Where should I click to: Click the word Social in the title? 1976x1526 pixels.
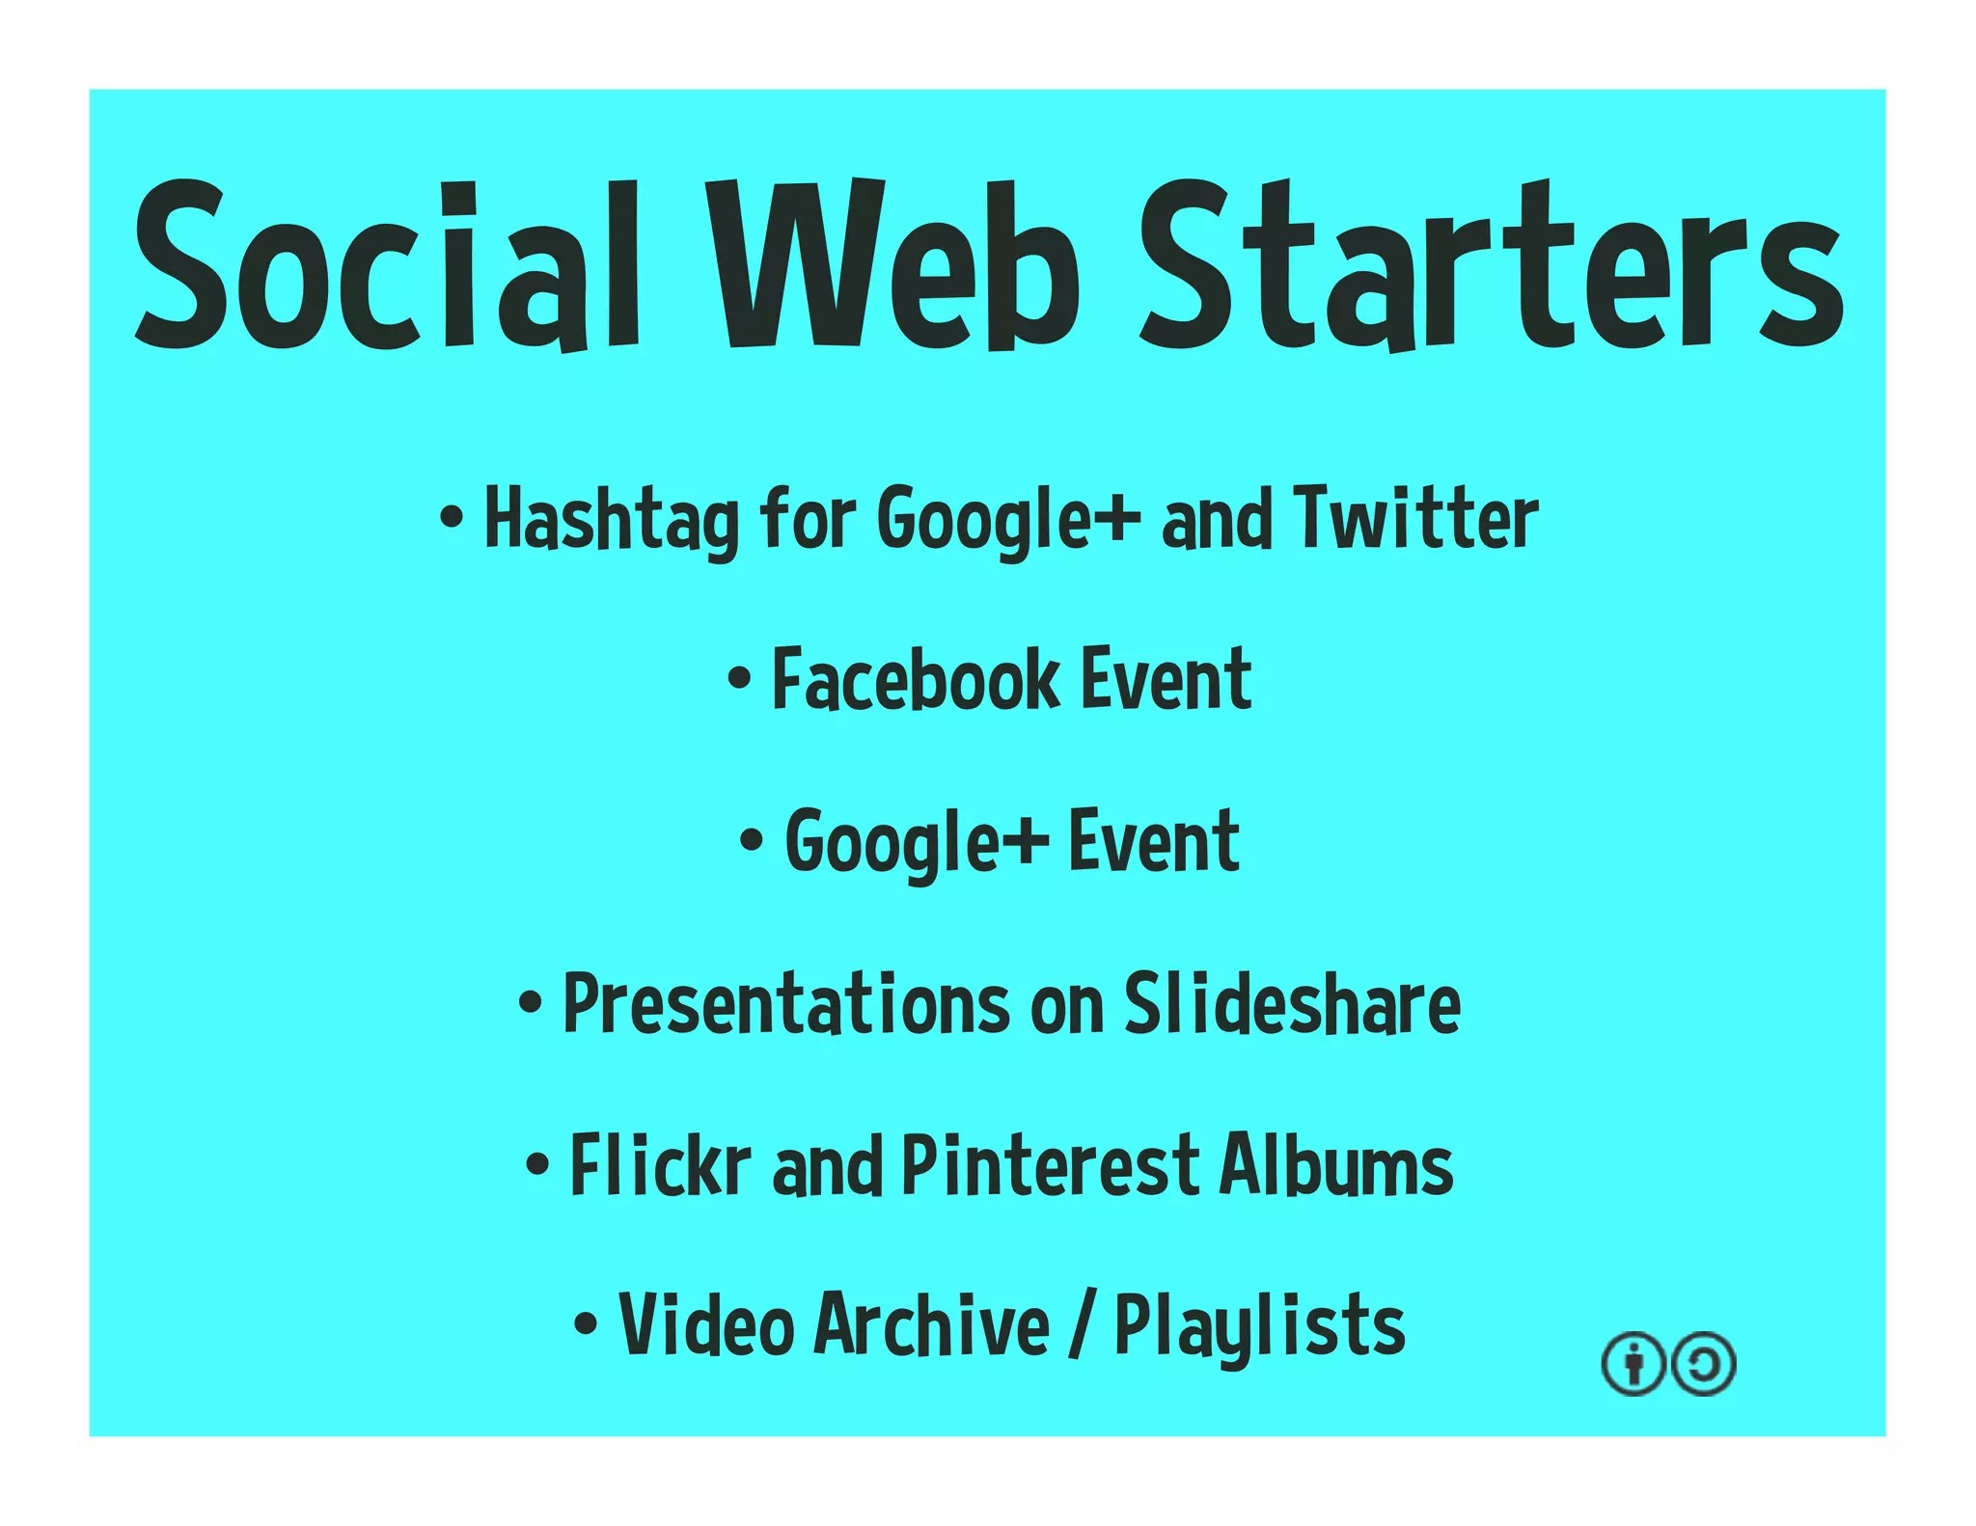[386, 265]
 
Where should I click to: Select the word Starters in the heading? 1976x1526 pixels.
[1491, 265]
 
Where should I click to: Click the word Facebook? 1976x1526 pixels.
[916, 680]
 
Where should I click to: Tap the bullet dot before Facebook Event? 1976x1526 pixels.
[739, 678]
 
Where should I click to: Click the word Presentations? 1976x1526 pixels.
[785, 1004]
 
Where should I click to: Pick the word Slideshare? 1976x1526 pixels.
[1292, 1004]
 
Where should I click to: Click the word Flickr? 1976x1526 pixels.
[660, 1165]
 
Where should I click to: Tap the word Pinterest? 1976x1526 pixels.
[1051, 1165]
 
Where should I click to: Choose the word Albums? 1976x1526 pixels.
[1336, 1165]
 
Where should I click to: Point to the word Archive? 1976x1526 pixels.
[932, 1325]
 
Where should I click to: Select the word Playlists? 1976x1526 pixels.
[1259, 1327]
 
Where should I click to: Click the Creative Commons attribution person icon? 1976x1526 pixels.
[1633, 1364]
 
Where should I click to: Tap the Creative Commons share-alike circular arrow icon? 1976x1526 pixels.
[1704, 1364]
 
